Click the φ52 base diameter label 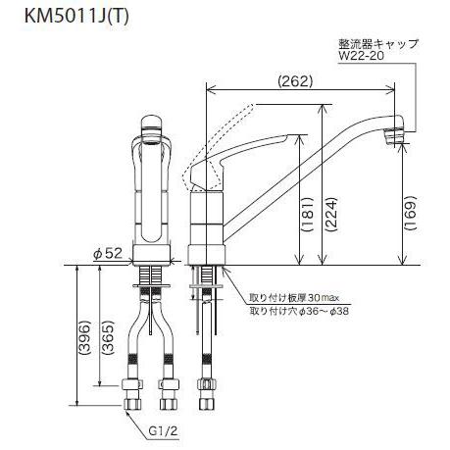(x=107, y=254)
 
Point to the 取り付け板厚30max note (x=282, y=298)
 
